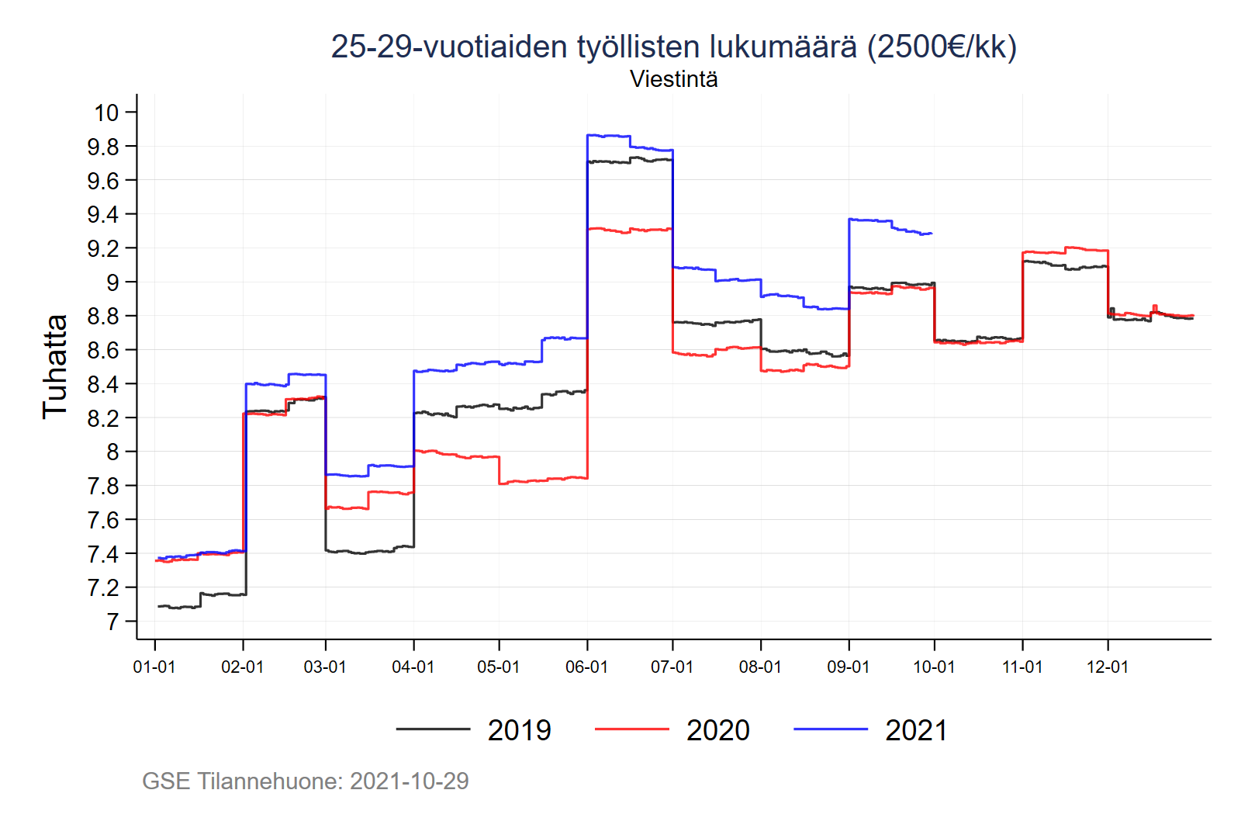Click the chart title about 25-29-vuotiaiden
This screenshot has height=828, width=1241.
point(673,47)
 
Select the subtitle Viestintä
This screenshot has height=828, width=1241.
point(673,79)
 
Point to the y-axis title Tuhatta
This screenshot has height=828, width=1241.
point(55,366)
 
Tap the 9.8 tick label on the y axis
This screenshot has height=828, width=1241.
point(103,147)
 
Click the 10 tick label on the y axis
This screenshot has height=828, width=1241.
point(107,113)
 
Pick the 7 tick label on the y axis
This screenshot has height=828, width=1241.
point(112,622)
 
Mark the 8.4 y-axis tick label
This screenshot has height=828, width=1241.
point(103,384)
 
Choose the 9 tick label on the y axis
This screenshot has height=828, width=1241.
point(112,282)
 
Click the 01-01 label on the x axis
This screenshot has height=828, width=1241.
point(154,667)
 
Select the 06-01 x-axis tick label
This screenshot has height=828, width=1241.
point(586,667)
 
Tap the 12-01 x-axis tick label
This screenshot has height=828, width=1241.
point(1107,667)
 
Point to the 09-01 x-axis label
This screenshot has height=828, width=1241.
point(849,667)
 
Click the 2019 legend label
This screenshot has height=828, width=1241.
point(519,730)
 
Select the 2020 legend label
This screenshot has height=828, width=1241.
point(717,730)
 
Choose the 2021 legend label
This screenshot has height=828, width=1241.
point(916,730)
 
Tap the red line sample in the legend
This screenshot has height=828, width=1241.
point(631,729)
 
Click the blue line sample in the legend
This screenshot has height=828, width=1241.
point(830,729)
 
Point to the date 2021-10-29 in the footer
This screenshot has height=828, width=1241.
point(409,781)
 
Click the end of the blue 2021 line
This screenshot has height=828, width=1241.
point(932,233)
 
